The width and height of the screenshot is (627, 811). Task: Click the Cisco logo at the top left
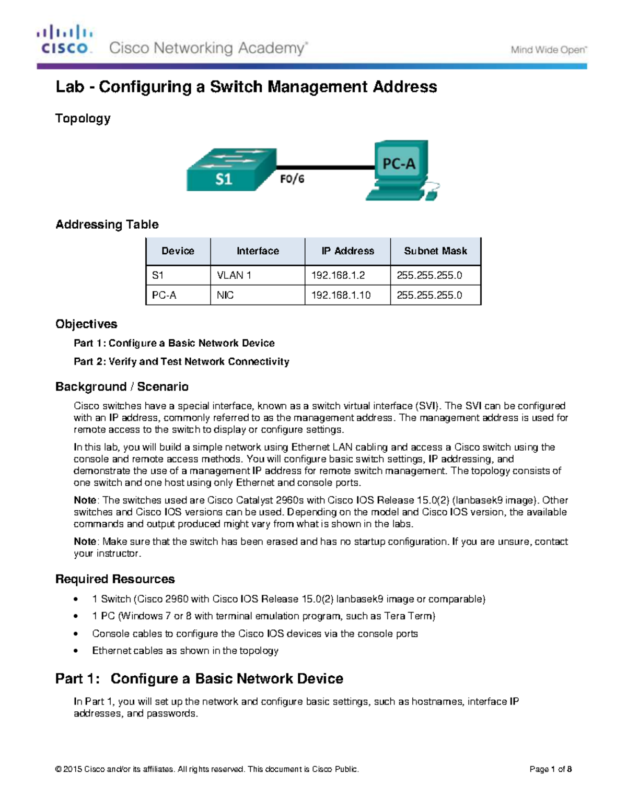65,40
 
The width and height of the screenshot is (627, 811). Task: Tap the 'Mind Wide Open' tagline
549,50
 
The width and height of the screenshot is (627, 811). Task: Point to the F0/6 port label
292,179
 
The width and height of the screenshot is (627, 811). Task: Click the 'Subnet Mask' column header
435,251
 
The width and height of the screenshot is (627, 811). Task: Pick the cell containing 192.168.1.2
347,275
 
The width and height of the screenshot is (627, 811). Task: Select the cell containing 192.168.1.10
347,295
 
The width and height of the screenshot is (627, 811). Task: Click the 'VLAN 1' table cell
257,275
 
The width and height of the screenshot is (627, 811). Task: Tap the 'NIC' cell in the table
257,295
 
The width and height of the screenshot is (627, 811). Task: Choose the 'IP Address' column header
347,251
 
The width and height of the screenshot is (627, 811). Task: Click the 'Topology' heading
83,119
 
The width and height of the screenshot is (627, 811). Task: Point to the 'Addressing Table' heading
107,225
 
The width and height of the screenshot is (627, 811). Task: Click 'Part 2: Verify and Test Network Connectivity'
181,361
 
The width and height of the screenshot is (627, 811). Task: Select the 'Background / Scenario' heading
122,387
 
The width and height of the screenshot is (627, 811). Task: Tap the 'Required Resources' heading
115,579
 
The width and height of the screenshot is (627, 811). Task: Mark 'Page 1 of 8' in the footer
550,769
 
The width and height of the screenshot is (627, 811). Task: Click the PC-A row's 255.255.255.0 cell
435,295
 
